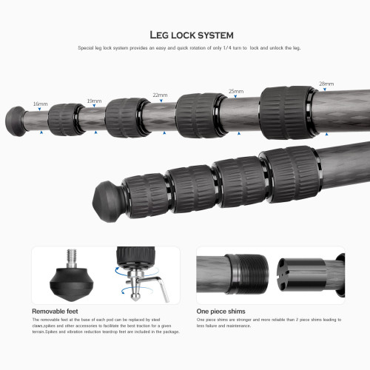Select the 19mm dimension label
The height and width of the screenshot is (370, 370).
(x=94, y=100)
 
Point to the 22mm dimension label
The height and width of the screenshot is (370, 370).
(x=160, y=95)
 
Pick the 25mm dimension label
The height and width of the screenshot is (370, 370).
(x=236, y=90)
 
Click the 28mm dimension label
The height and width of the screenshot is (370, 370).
(x=326, y=84)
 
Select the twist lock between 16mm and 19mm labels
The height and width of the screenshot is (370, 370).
(x=65, y=118)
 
